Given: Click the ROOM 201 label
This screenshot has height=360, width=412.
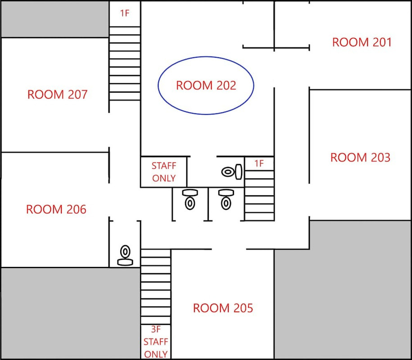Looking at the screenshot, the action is pos(362,42).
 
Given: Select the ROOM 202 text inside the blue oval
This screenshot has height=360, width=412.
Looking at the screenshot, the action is pos(206,85).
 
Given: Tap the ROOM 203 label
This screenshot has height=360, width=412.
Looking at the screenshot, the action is pos(360,157).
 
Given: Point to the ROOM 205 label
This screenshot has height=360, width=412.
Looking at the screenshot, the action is pos(223,308).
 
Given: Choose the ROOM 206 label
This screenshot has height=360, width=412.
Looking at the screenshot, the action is pos(56,209).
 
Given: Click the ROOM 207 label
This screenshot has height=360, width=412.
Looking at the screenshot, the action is pos(57,94).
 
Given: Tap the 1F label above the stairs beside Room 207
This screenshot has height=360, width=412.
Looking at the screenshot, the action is pos(125,13).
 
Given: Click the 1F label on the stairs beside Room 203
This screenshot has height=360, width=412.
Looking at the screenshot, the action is pos(259,163).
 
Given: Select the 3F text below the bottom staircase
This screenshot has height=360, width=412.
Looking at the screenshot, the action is pos(155,329).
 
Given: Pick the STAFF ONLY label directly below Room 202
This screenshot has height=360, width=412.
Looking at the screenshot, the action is pos(164,172).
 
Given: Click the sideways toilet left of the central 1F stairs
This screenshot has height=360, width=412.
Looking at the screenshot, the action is pos(232,172).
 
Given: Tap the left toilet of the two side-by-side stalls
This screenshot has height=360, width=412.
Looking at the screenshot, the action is pos(190,199).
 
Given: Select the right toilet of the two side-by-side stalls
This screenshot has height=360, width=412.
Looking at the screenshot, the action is pos(226,199).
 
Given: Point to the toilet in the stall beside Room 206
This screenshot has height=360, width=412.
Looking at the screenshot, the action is pos(125,255).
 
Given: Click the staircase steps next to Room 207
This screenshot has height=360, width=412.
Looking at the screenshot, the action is pos(125,63).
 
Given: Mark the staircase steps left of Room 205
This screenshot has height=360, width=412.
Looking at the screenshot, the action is pos(156,287).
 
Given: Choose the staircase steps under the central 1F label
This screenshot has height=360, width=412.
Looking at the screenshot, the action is pos(259,196).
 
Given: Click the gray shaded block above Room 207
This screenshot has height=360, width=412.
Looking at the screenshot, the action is pos(55,19).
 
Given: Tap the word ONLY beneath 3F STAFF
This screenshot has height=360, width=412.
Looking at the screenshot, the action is pos(156,354).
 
